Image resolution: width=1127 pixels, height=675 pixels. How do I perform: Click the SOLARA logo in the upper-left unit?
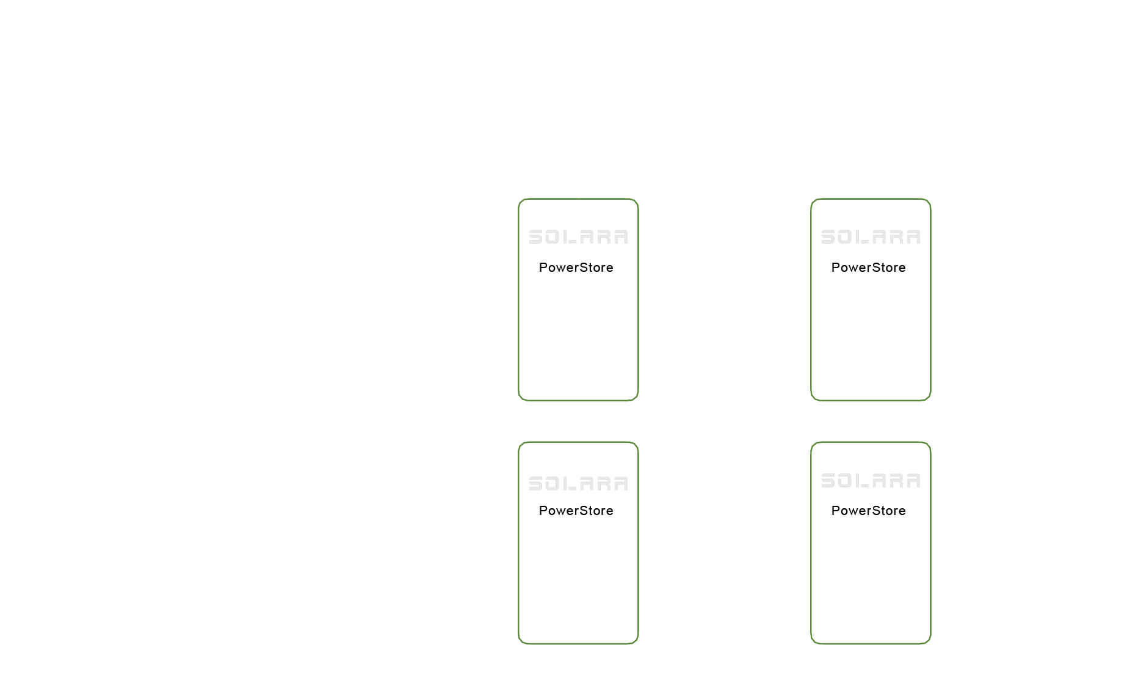(x=578, y=237)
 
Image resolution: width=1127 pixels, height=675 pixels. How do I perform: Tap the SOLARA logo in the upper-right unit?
(x=871, y=237)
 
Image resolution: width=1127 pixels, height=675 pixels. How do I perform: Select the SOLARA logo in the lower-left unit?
(x=578, y=484)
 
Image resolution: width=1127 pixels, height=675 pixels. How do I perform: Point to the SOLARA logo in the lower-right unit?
(x=871, y=481)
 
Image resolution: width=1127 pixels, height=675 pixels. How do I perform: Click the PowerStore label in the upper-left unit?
(x=576, y=268)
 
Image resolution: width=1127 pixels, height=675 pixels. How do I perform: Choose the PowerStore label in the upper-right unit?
(x=868, y=268)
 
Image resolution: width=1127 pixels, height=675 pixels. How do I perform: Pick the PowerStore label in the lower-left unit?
(x=576, y=511)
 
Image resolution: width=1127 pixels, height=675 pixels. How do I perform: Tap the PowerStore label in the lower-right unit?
(x=868, y=511)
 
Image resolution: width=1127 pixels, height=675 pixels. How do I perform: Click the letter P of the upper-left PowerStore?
(x=543, y=268)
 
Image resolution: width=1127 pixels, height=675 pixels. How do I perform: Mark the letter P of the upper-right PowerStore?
(x=835, y=268)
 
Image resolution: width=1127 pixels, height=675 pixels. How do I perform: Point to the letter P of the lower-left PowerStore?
(x=543, y=511)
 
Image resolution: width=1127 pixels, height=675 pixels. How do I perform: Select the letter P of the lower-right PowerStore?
(x=835, y=511)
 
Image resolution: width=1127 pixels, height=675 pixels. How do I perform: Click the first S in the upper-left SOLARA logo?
(x=535, y=237)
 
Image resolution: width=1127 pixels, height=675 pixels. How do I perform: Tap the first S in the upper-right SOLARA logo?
(x=828, y=237)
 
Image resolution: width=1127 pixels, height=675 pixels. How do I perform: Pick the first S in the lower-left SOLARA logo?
(x=535, y=484)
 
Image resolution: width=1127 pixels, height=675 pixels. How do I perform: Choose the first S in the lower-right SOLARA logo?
(x=828, y=481)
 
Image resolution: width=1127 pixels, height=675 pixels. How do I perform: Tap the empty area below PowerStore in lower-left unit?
(x=578, y=580)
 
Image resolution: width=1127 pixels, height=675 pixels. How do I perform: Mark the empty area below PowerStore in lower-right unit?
(x=871, y=580)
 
